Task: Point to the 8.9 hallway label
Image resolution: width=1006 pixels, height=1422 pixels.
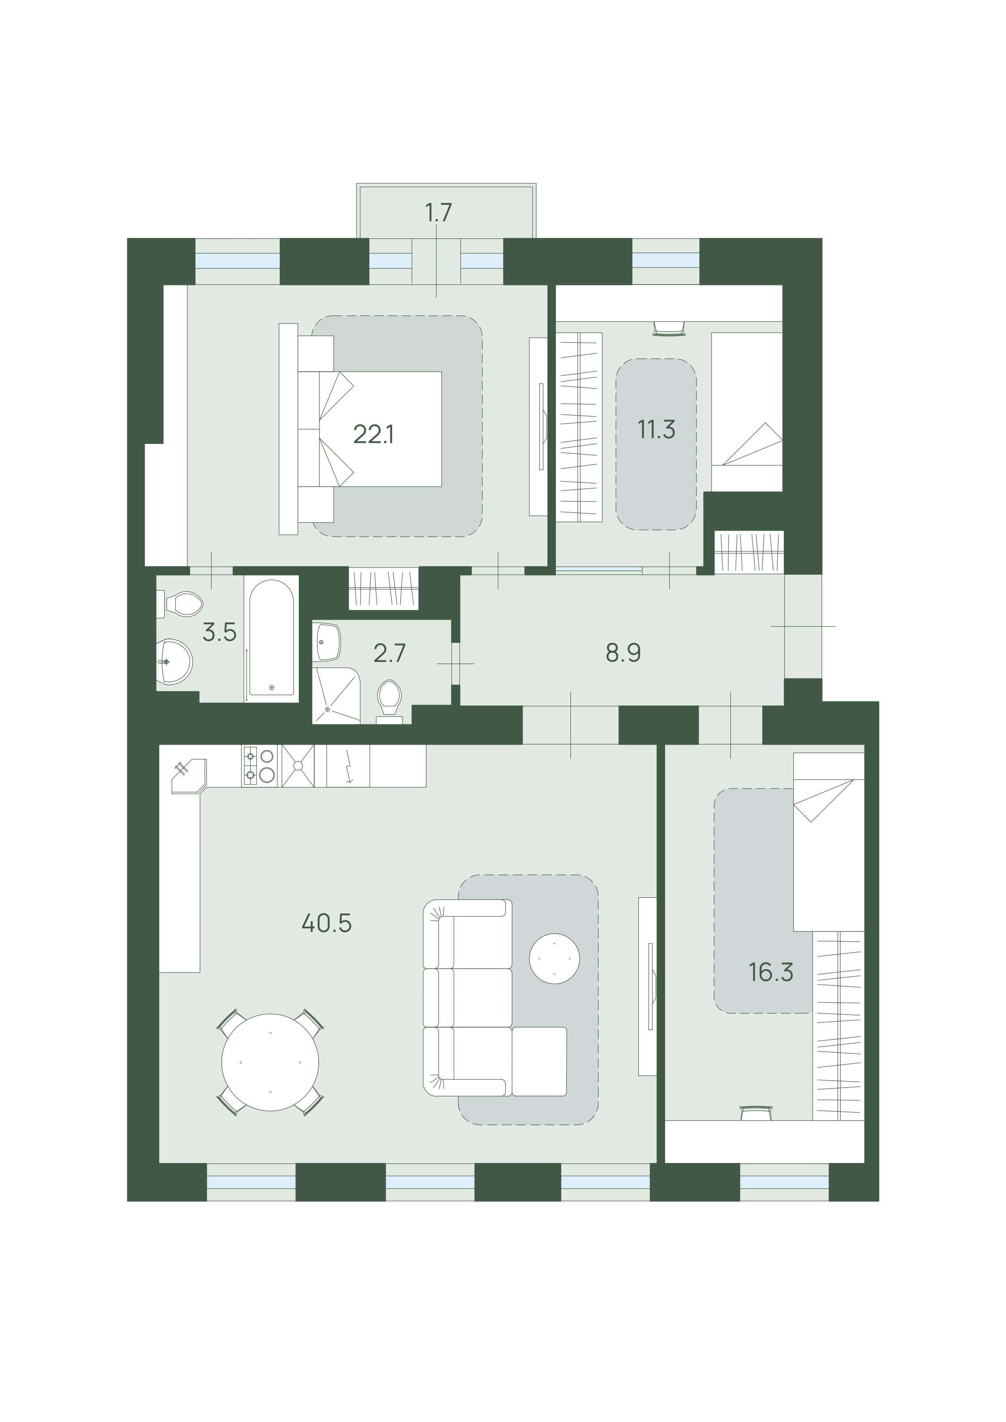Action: (623, 653)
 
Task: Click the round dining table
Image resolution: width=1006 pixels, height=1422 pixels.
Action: (271, 1062)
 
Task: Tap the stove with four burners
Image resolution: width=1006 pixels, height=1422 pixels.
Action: (259, 765)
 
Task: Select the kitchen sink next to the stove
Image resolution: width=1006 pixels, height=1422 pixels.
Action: (298, 765)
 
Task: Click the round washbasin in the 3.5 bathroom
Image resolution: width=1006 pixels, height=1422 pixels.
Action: (174, 662)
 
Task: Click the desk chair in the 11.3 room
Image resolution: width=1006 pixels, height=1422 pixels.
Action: (669, 328)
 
